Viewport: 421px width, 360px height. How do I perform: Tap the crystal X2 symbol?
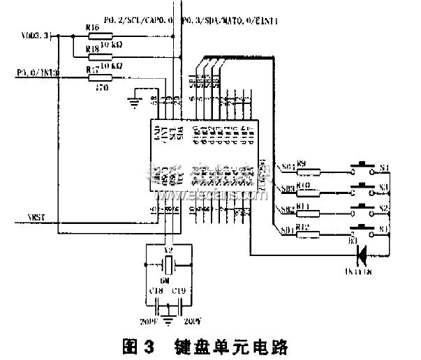168,264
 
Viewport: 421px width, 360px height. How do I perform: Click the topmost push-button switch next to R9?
363,167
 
